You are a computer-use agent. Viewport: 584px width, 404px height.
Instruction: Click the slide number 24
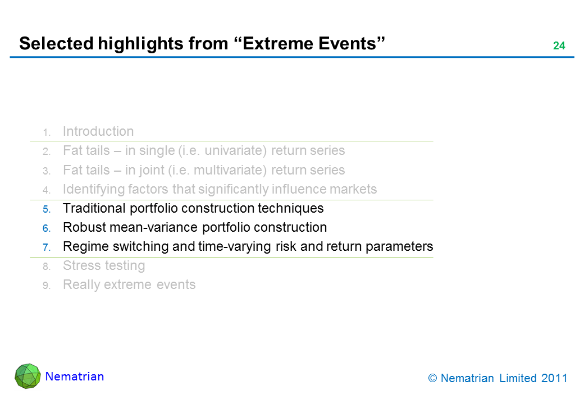(x=559, y=46)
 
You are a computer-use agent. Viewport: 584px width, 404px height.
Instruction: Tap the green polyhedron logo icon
(x=28, y=376)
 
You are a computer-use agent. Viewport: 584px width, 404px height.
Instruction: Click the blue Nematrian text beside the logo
(x=75, y=377)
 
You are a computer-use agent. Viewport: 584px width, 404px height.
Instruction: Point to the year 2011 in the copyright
(x=554, y=378)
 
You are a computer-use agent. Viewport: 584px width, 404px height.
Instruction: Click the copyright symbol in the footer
(x=432, y=378)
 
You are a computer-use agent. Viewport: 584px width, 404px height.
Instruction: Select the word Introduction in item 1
(x=98, y=131)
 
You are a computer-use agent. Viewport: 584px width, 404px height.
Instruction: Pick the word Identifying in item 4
(x=94, y=189)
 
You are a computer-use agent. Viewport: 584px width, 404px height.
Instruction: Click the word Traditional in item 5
(x=94, y=208)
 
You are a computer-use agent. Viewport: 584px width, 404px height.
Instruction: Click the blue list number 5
(x=47, y=209)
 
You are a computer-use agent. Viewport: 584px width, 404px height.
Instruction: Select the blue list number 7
(x=47, y=247)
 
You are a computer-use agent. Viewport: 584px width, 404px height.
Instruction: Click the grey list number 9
(x=47, y=286)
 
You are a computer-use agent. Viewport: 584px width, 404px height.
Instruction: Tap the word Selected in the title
(x=57, y=44)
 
